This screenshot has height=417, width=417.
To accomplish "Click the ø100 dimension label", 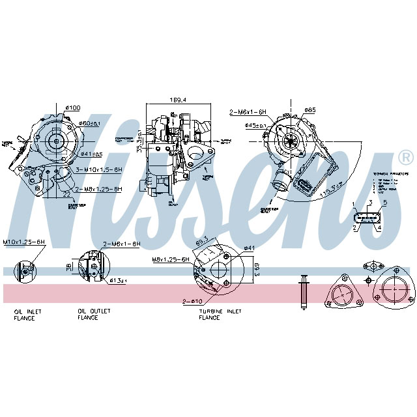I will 72,108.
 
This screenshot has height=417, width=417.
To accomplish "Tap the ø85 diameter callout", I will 310,110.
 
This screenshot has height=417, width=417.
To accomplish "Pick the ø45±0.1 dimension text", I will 256,126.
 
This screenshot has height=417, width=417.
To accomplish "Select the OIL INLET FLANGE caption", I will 27,315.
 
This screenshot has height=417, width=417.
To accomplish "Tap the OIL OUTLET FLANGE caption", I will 94,315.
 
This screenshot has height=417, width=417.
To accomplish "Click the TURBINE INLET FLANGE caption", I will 220,315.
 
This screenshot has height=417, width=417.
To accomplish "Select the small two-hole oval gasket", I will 372,265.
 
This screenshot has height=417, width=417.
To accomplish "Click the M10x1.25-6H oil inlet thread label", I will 23,242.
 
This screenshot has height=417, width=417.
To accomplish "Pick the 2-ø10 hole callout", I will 192,300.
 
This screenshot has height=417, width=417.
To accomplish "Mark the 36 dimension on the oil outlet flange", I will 70,266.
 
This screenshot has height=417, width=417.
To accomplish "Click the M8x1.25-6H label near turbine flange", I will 170,259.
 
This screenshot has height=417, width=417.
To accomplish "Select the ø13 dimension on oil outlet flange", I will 117,280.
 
